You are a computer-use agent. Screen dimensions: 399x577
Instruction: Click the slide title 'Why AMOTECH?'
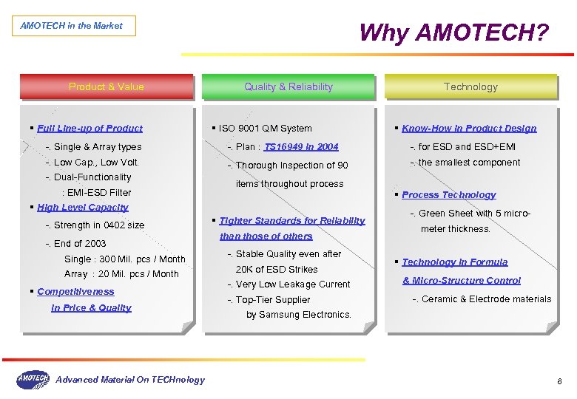coord(454,33)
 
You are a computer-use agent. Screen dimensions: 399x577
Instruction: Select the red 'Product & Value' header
coord(107,86)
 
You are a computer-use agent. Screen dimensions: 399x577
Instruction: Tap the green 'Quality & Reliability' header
coord(288,86)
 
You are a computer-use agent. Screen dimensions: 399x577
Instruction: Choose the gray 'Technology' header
coord(470,86)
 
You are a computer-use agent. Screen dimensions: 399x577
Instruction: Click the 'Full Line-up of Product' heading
coord(90,128)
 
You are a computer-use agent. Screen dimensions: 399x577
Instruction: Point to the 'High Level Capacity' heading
coord(83,208)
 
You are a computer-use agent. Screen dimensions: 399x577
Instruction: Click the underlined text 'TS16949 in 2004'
coord(301,147)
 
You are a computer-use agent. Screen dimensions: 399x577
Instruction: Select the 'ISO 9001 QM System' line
coord(266,129)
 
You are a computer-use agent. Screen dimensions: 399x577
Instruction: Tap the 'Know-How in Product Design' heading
coord(469,128)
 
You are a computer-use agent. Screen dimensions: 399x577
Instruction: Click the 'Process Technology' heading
coord(449,195)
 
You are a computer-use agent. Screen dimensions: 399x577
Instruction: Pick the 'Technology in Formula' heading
coord(455,262)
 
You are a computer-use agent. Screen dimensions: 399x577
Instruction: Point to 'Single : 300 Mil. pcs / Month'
coord(125,259)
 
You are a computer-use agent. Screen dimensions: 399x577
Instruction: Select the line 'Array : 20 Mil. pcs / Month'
coord(121,274)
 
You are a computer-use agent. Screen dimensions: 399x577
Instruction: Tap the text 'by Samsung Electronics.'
coord(299,315)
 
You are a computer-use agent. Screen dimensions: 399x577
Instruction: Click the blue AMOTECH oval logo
coord(33,380)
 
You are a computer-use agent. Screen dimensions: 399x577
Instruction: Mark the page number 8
coord(559,381)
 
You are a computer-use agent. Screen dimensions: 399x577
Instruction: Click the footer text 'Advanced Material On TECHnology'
coord(130,380)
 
